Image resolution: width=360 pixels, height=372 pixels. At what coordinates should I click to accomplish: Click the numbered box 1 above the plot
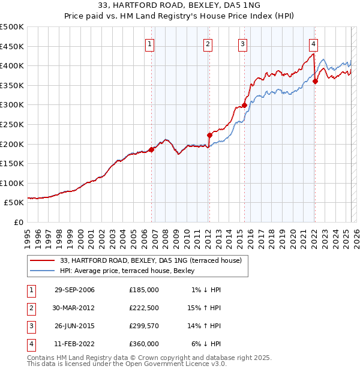(x=149, y=44)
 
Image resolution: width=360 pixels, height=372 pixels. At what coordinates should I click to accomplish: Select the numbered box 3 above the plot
(x=242, y=44)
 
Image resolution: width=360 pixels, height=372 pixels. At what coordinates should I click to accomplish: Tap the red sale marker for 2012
(x=209, y=135)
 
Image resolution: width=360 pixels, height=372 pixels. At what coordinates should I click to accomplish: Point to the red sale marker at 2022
(x=316, y=82)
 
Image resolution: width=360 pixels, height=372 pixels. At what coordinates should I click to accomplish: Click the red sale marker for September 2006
(x=151, y=150)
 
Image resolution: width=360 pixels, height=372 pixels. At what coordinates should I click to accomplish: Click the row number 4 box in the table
(x=30, y=344)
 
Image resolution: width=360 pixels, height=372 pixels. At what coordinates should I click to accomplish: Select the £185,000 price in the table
(x=144, y=289)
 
